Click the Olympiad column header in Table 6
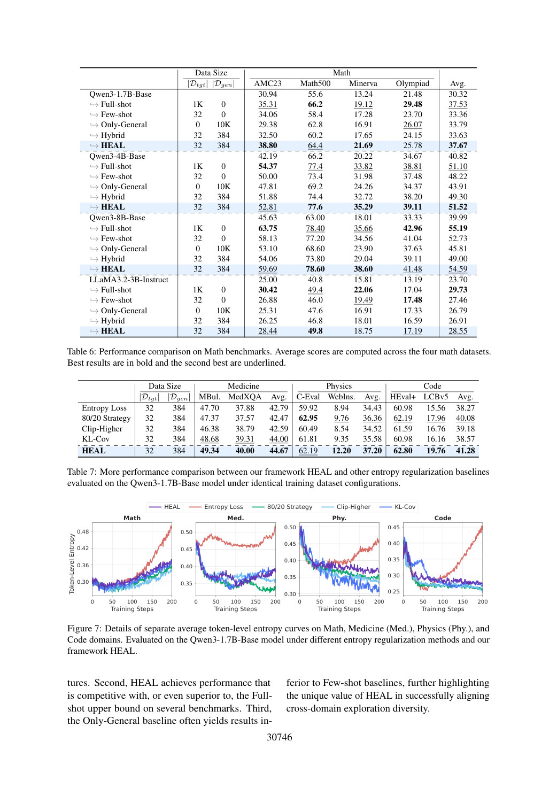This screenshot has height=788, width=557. click(x=412, y=84)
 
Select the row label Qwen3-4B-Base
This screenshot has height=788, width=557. click(x=117, y=156)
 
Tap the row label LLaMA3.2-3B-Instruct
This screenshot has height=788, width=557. click(x=129, y=280)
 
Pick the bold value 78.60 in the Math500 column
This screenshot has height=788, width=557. click(x=315, y=269)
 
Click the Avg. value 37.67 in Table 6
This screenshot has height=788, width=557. click(x=458, y=145)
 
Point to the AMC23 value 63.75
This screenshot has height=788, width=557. click(x=268, y=228)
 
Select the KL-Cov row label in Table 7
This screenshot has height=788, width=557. click(x=96, y=439)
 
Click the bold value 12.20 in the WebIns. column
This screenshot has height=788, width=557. click(x=342, y=451)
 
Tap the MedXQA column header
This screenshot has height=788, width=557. click(x=245, y=397)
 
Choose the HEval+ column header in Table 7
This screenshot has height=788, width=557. click(x=403, y=397)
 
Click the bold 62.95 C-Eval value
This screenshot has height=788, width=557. click(x=308, y=418)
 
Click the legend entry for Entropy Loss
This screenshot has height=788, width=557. click(x=216, y=507)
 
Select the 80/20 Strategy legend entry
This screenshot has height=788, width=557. click(x=282, y=507)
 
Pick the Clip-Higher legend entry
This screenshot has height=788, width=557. click(x=346, y=507)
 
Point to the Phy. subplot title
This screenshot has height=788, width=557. click(x=339, y=518)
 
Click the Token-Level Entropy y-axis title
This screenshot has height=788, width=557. click(x=72, y=563)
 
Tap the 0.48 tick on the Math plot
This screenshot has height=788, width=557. click(x=83, y=531)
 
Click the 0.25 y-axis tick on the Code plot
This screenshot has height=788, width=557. click(x=393, y=591)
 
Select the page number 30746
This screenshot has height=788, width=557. click(x=280, y=737)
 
